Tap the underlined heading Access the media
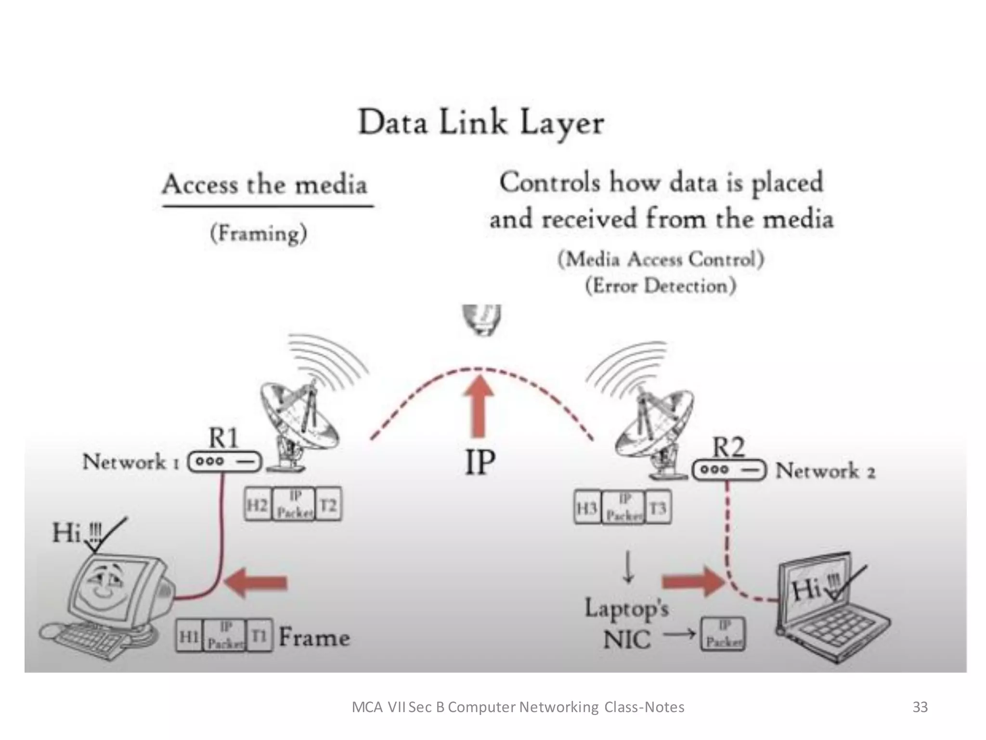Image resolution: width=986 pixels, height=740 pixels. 265,185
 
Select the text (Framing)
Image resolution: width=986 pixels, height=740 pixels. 259,234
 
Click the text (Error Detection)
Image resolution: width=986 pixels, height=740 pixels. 661,286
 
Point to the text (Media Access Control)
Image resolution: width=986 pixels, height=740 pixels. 661,259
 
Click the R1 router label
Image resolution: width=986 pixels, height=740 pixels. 223,437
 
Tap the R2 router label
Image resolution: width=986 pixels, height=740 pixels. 728,447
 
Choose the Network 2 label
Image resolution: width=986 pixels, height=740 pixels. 825,471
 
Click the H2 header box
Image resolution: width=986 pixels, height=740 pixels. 258,505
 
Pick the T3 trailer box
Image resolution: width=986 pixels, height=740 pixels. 658,508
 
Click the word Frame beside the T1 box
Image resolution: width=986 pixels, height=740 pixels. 314,637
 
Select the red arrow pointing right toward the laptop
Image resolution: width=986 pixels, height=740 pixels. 693,582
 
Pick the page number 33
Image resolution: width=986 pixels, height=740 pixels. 920,707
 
